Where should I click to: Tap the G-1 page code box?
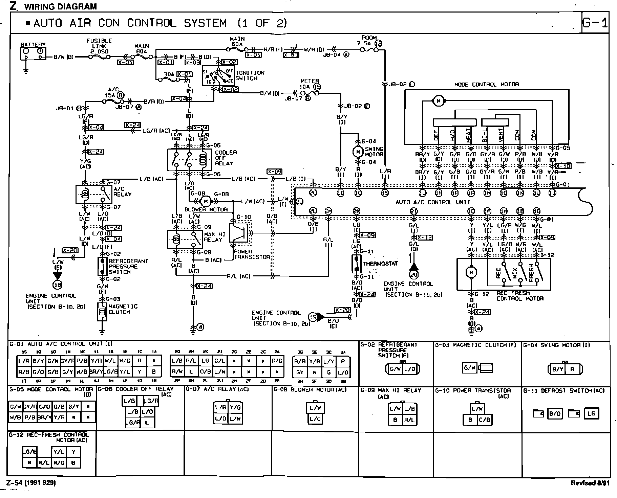coord(595,23)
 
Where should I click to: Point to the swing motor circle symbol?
coord(358,152)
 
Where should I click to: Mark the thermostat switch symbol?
coord(356,264)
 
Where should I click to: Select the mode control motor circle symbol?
coord(439,101)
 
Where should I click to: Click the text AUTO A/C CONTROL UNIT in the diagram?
coord(433,202)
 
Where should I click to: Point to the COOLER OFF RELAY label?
coord(226,158)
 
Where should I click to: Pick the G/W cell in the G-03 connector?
coord(469,368)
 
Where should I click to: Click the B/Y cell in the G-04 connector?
coord(557,369)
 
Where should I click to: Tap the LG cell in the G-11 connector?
coord(591,413)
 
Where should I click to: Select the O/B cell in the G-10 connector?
coord(484,420)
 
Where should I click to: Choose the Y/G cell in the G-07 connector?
coord(235,408)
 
